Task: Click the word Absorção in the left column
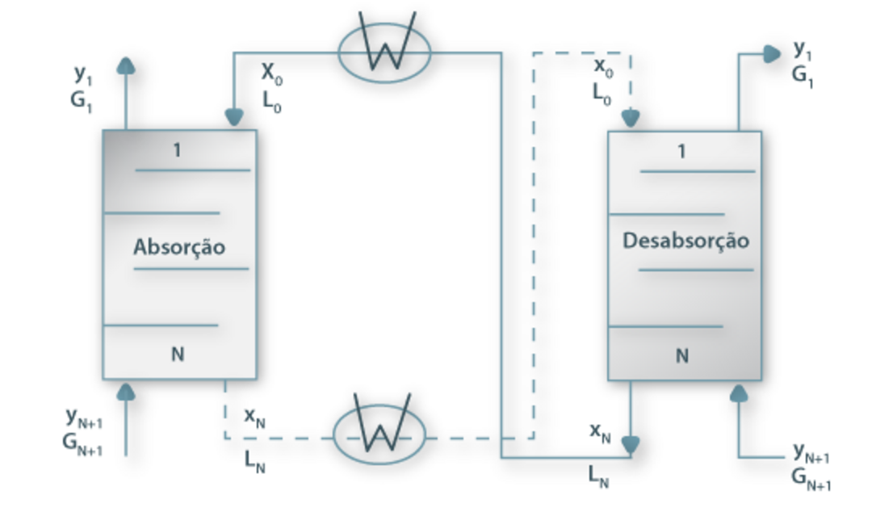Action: [x=178, y=246]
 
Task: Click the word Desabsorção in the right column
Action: [x=685, y=241]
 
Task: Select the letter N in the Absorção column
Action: [x=178, y=355]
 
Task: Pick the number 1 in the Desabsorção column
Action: [x=683, y=151]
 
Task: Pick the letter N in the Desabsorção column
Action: [x=682, y=355]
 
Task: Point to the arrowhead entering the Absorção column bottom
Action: [x=125, y=391]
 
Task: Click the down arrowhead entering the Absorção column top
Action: [x=234, y=118]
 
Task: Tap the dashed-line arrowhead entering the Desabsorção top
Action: [x=631, y=120]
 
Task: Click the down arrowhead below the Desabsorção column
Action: [x=631, y=445]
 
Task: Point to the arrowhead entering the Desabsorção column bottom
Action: [x=739, y=392]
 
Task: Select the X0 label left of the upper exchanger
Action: [x=271, y=73]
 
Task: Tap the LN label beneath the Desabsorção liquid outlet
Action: [x=597, y=476]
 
